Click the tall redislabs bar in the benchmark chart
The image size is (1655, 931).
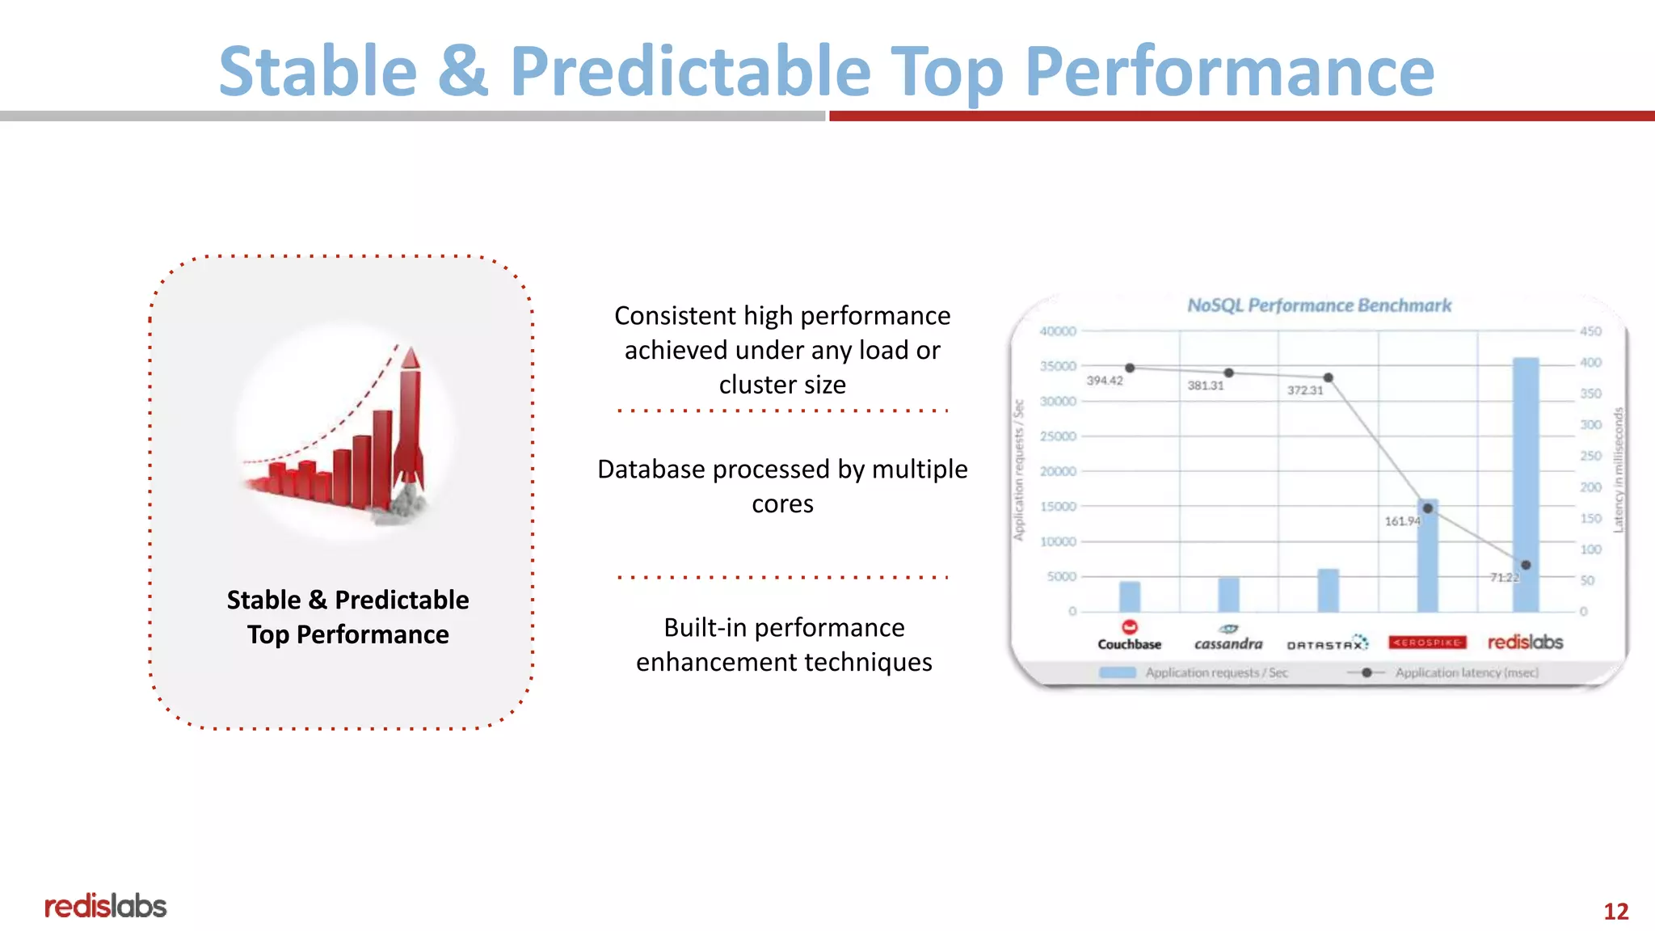coord(1526,485)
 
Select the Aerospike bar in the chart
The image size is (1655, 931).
coord(1428,558)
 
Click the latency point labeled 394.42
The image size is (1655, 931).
coord(1130,368)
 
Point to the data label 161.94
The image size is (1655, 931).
coord(1402,521)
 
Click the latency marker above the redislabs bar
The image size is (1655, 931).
coord(1526,565)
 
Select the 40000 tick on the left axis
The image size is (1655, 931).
coord(1058,331)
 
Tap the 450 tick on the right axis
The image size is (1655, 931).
coord(1590,331)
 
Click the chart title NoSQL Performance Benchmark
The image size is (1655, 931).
coord(1319,305)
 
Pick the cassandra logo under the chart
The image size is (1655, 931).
coord(1228,638)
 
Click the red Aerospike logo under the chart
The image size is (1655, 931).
coord(1427,642)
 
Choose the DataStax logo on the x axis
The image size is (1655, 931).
coord(1327,643)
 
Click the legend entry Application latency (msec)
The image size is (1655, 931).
coord(1466,672)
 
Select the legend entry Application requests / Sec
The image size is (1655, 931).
coord(1215,672)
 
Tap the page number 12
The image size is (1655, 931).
coord(1615,911)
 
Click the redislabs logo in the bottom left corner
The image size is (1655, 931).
coord(105,906)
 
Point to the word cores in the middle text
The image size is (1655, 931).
coord(782,503)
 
